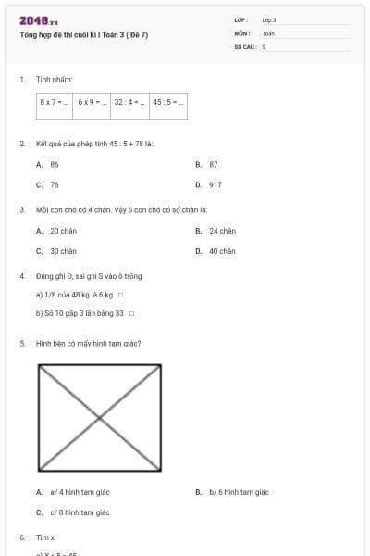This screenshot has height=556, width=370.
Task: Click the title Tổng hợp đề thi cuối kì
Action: tap(83, 35)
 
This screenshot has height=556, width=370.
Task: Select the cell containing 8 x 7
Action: tap(55, 102)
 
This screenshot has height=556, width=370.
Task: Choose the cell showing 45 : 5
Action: tap(167, 102)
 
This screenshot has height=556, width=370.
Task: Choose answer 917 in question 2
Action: tap(216, 184)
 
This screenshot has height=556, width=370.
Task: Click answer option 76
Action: tap(55, 184)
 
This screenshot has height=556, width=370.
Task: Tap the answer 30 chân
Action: tap(63, 251)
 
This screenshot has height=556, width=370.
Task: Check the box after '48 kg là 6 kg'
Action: tap(120, 296)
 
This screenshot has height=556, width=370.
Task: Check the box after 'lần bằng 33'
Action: tap(131, 313)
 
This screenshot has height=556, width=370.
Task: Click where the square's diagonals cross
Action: tap(100, 418)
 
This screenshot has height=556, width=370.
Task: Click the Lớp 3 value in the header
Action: tap(269, 19)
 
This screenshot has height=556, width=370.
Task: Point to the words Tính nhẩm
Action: tap(48, 80)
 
